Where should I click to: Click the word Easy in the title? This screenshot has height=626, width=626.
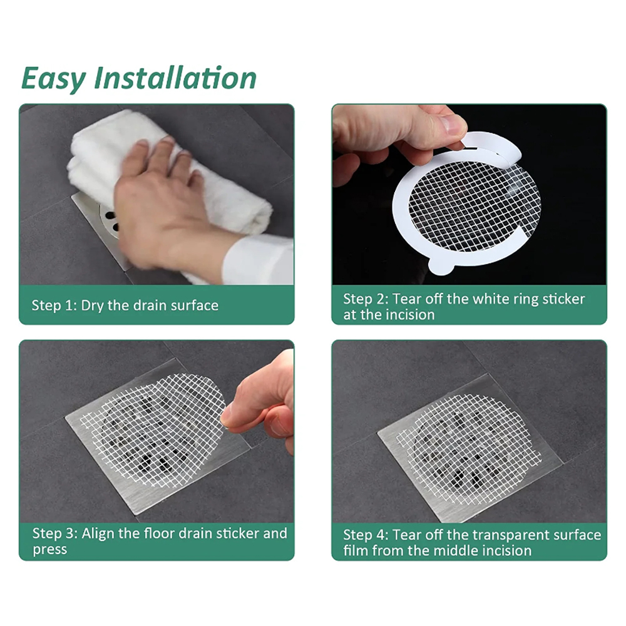[53, 79]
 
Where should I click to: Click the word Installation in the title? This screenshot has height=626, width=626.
[175, 78]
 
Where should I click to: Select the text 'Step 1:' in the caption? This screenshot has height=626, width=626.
[54, 305]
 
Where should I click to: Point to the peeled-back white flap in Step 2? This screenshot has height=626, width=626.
[495, 148]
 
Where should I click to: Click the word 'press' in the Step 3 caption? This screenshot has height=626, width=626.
[50, 550]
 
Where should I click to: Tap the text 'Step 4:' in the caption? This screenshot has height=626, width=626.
[366, 535]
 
